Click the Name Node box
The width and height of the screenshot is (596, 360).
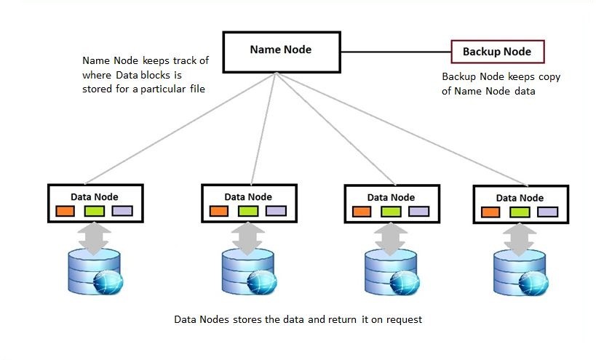click(280, 51)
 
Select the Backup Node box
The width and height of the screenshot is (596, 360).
click(496, 52)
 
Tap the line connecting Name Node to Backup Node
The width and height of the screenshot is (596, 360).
click(396, 52)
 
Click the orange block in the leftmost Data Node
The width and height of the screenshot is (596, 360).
click(66, 211)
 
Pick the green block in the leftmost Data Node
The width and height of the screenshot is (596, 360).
click(95, 211)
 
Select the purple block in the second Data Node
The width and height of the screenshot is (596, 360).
click(276, 211)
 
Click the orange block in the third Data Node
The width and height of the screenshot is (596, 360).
click(362, 212)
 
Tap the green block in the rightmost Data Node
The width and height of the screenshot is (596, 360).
click(520, 212)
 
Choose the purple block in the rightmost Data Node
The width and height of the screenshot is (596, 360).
click(548, 212)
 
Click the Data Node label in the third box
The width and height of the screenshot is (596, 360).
click(391, 197)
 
